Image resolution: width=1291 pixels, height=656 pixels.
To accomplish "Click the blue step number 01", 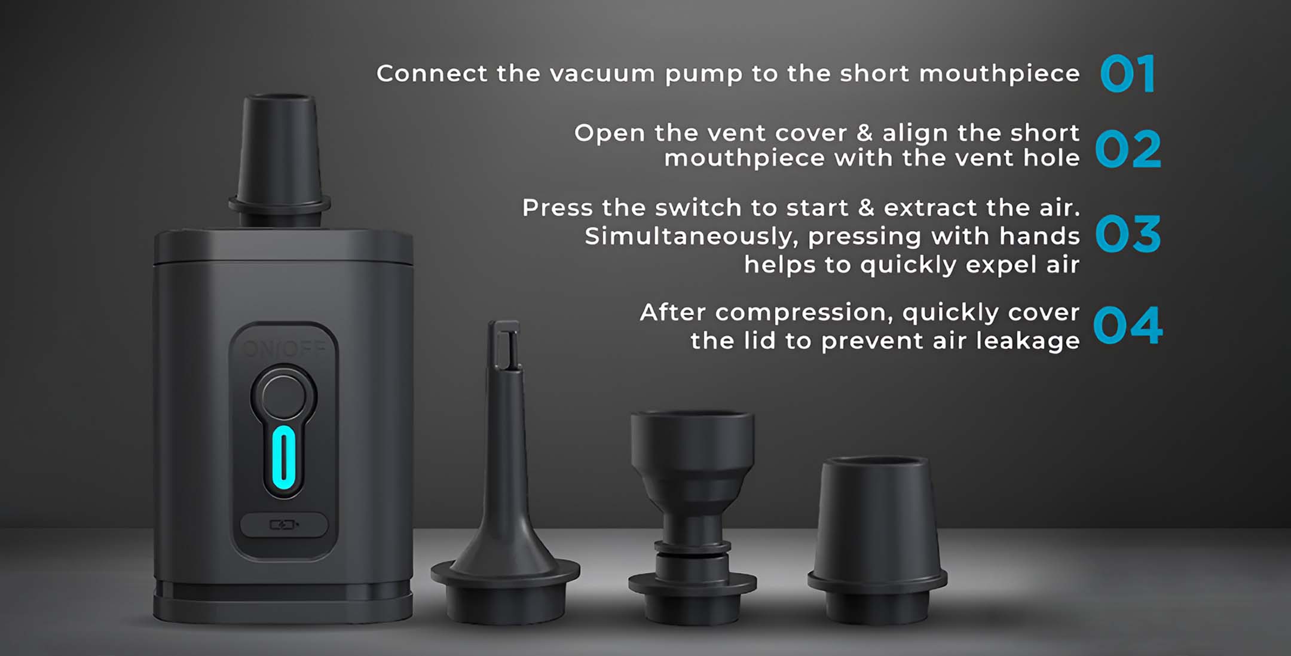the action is click(1127, 74).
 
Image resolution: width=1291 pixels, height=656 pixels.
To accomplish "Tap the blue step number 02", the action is click(1128, 149).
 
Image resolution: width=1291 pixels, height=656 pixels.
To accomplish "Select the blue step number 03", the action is click(1128, 234).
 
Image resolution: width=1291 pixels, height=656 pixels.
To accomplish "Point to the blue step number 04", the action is click(1128, 326).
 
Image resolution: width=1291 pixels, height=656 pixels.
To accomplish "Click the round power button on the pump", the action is click(283, 396).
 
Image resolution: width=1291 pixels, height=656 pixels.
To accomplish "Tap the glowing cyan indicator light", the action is click(283, 458).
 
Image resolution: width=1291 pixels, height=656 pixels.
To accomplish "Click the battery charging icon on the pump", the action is click(284, 525).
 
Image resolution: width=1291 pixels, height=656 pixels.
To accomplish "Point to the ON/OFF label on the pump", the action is click(284, 348).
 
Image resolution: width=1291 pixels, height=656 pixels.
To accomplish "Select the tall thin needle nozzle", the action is click(505, 472).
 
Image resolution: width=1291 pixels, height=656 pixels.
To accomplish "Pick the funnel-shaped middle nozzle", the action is click(693, 517).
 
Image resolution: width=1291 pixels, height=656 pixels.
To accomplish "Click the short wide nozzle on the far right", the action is click(877, 541).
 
